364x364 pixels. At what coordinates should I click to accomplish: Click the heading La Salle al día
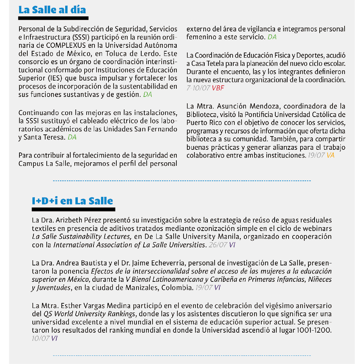tap(52, 10)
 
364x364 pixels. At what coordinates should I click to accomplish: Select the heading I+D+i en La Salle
tap(72, 201)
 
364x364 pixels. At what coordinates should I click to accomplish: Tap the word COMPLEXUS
tap(65, 45)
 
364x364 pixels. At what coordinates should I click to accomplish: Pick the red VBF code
tap(218, 88)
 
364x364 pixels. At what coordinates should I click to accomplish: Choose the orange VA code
tap(330, 155)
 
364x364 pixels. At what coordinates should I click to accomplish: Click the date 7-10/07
tap(198, 88)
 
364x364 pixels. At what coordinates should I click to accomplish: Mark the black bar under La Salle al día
tap(54, 18)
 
